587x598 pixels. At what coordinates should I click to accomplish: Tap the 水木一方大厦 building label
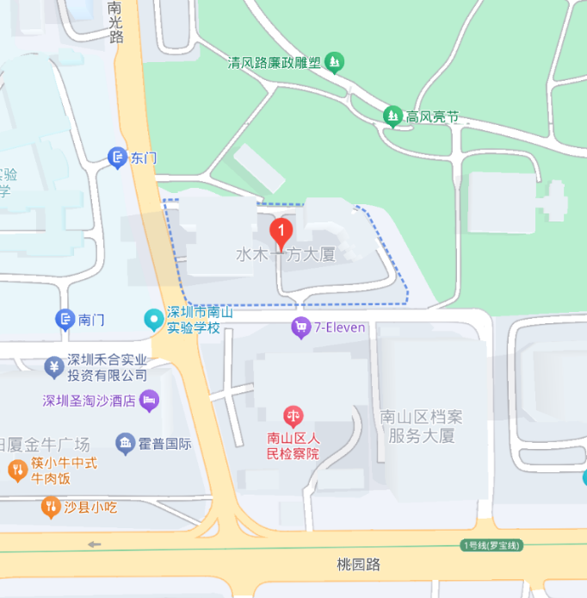point(285,255)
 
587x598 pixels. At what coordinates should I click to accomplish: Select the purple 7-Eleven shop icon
point(300,327)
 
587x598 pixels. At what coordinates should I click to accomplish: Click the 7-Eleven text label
point(339,327)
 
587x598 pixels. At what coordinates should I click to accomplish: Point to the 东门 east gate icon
point(117,158)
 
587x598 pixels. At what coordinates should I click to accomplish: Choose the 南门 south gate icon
point(65,320)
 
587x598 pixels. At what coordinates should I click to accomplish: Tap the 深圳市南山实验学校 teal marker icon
point(154,320)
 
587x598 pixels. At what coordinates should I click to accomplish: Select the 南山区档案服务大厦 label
point(421,427)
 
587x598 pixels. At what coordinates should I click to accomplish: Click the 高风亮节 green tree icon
point(393,115)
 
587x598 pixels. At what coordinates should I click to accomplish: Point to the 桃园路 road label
point(358,564)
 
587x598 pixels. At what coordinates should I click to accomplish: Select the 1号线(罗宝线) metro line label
point(492,545)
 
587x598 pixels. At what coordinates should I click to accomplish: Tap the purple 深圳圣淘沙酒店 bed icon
point(150,400)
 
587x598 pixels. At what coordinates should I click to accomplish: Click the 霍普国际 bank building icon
point(126,444)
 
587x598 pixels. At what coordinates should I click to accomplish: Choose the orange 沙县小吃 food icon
point(50,507)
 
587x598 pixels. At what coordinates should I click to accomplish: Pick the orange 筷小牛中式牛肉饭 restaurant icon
point(16,470)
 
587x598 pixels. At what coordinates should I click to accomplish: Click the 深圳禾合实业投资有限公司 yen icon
point(53,367)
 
